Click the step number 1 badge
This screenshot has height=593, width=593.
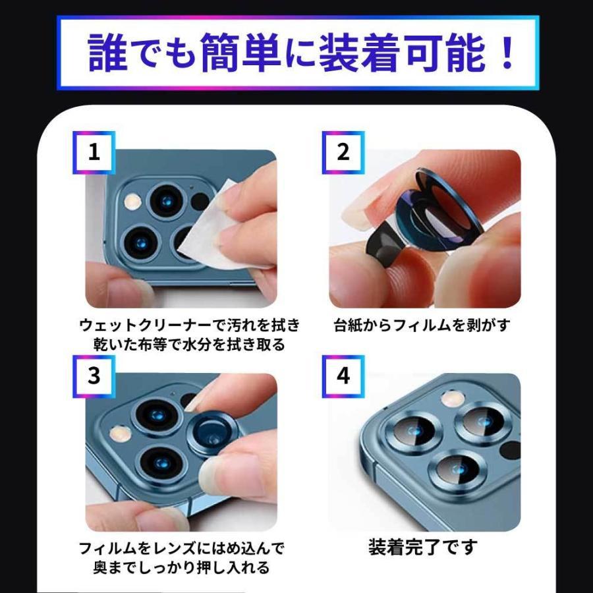pyautogui.click(x=94, y=152)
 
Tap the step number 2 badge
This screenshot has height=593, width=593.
pyautogui.click(x=343, y=152)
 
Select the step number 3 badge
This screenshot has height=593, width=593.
pyautogui.click(x=94, y=376)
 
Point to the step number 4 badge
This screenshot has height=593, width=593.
pyautogui.click(x=343, y=376)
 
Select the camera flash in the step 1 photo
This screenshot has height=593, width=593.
pyautogui.click(x=132, y=201)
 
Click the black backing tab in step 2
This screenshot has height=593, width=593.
pyautogui.click(x=384, y=241)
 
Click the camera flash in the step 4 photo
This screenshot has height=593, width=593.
pyautogui.click(x=453, y=399)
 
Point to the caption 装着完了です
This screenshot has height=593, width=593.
pyautogui.click(x=422, y=548)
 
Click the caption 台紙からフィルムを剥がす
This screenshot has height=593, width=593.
pyautogui.click(x=422, y=325)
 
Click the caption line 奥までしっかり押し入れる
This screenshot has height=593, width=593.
pyautogui.click(x=181, y=567)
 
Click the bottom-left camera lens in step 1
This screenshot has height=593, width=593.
pyautogui.click(x=141, y=244)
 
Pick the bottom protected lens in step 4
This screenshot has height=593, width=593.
pyautogui.click(x=458, y=469)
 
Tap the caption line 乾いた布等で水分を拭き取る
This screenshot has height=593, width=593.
pyautogui.click(x=189, y=345)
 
